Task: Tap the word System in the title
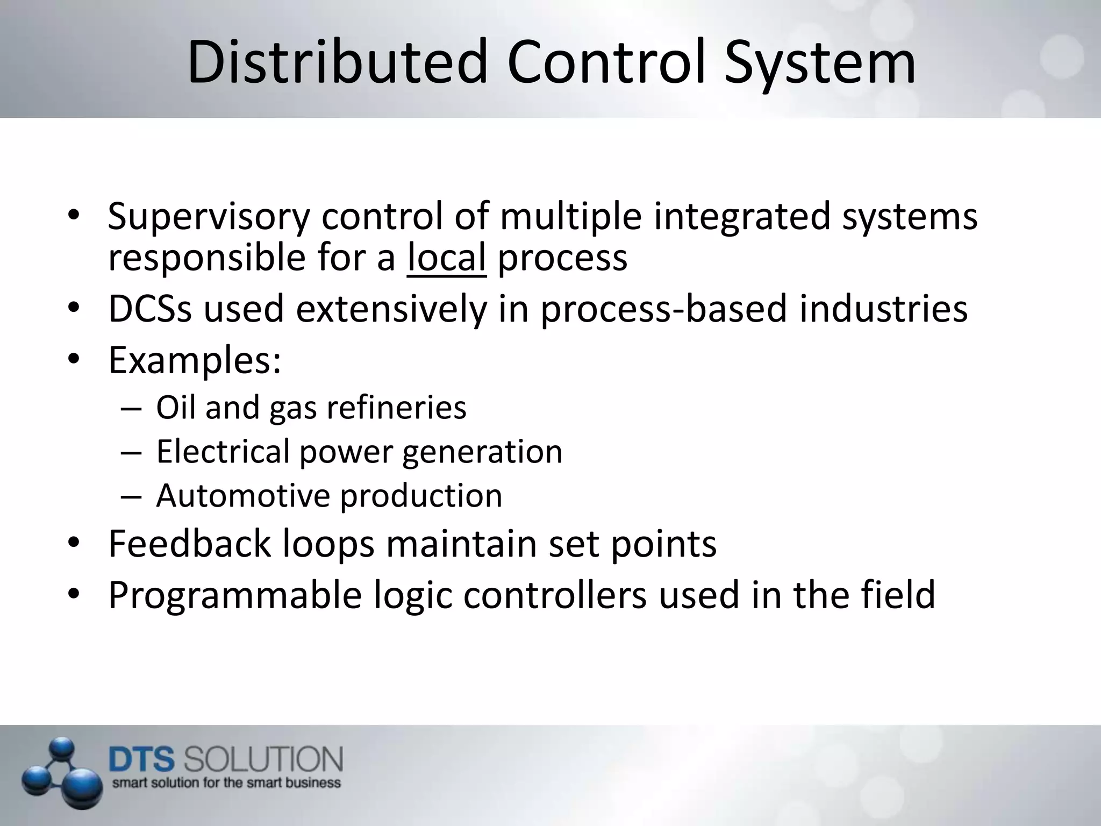pyautogui.click(x=819, y=63)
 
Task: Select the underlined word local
pyautogui.click(x=446, y=258)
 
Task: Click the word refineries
pyautogui.click(x=396, y=408)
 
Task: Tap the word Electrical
pyautogui.click(x=223, y=452)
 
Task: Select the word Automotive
pyautogui.click(x=242, y=495)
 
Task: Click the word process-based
pyautogui.click(x=664, y=309)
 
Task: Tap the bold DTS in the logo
pyautogui.click(x=142, y=760)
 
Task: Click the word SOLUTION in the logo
pyautogui.click(x=263, y=760)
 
